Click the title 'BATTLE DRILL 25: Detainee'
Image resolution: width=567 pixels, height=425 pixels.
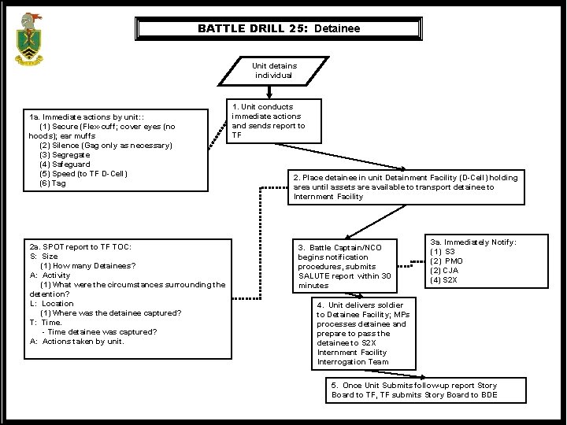pos(279,28)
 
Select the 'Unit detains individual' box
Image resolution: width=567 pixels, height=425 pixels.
pos(273,71)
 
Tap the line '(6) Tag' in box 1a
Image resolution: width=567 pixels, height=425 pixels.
pos(53,183)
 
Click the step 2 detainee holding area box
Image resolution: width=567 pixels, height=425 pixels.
pos(406,187)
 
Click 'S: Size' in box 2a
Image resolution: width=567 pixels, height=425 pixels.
pos(44,257)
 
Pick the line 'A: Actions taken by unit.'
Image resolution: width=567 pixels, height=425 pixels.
pos(77,342)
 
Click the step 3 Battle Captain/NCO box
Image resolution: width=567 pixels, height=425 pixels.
pos(344,266)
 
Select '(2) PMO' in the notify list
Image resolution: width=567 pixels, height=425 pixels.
pos(447,261)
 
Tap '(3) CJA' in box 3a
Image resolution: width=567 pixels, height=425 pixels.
pos(446,270)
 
